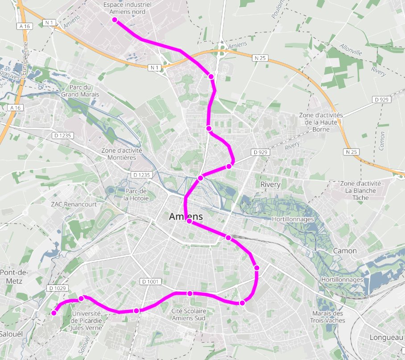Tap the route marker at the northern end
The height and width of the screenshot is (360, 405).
click(x=115, y=20)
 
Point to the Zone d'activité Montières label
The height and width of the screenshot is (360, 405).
click(x=122, y=154)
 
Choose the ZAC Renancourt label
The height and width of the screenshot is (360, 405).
click(x=74, y=205)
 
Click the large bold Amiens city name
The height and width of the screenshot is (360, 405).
click(x=186, y=217)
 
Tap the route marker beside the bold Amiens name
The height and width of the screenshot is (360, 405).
click(x=190, y=221)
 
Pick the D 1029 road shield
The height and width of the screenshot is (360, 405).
click(x=58, y=288)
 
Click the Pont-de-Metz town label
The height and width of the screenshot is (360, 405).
click(x=14, y=276)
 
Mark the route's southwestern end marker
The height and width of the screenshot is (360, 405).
click(x=54, y=313)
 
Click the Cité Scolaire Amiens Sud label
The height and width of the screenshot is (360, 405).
click(x=189, y=314)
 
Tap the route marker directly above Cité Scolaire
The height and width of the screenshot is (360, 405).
click(x=190, y=294)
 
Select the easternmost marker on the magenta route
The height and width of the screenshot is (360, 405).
click(x=257, y=268)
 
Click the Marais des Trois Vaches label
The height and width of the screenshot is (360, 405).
click(x=329, y=317)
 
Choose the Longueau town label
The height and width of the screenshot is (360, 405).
click(x=387, y=338)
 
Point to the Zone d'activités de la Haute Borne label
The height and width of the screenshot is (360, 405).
click(x=323, y=122)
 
